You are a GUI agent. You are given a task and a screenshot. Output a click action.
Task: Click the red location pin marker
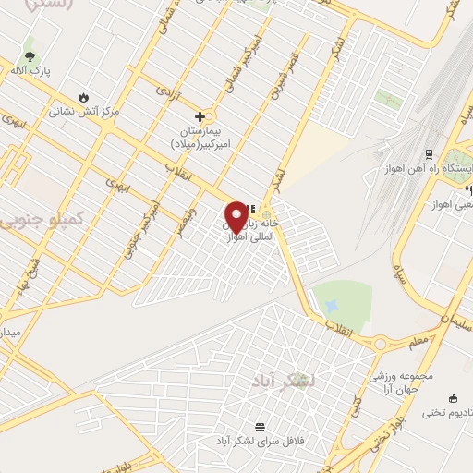coord(236,216)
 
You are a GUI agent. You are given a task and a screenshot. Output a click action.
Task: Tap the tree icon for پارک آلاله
coord(31,45)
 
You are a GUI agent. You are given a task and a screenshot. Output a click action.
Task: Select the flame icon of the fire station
coord(85,96)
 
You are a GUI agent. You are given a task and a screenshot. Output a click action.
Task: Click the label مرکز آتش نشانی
coord(85,110)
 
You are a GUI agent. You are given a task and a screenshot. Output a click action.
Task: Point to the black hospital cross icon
coord(200,117)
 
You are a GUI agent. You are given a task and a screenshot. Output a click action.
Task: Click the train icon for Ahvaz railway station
coord(429,154)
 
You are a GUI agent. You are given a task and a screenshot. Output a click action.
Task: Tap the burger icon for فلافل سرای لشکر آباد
coord(261,427)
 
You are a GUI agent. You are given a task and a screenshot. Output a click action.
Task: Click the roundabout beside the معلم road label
coord(382,344)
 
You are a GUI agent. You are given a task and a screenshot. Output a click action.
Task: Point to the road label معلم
coord(418,343)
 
